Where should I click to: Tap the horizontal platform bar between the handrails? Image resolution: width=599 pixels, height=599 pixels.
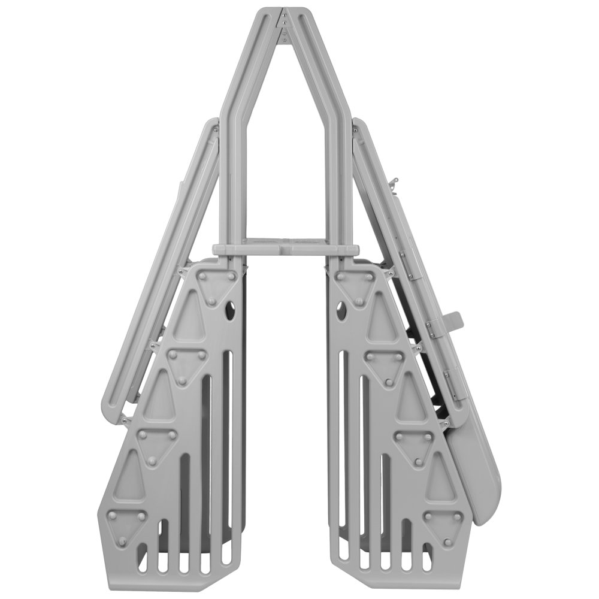pos(283,247)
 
